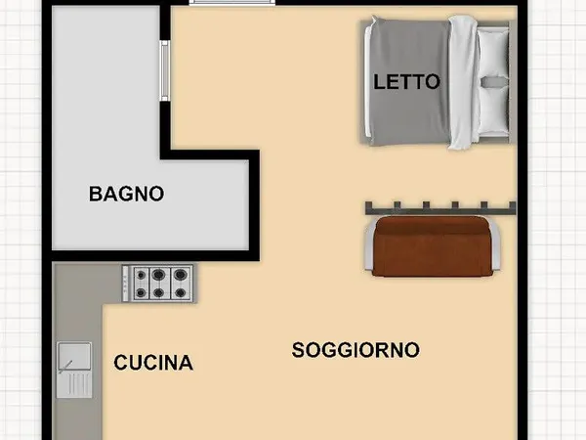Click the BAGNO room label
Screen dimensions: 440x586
click(126, 194)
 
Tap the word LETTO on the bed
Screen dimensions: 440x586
click(407, 82)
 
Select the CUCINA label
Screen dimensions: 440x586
click(153, 364)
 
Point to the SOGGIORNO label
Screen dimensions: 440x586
click(356, 349)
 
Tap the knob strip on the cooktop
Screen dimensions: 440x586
click(126, 283)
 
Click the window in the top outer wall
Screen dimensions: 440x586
click(230, 3)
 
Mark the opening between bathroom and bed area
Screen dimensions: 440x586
click(166, 70)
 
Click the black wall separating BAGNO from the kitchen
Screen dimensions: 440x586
click(146, 256)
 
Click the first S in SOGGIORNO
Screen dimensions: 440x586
click(298, 349)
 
